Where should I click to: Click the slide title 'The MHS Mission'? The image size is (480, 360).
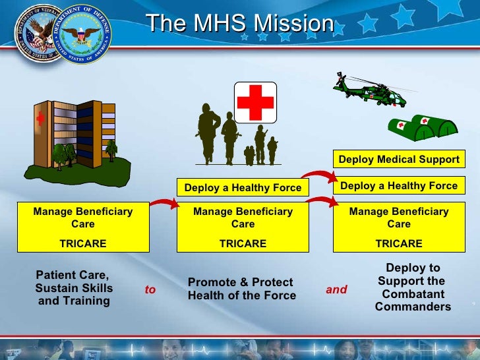[x=240, y=24]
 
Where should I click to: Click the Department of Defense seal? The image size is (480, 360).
[x=83, y=36]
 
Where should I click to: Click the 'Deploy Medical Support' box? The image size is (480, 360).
[x=398, y=160]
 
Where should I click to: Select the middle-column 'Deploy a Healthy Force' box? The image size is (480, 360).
[x=243, y=187]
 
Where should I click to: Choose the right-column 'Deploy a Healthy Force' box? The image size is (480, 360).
[x=398, y=186]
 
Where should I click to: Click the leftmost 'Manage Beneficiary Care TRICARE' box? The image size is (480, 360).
[x=82, y=227]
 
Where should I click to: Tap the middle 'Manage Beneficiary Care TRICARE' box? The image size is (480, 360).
[x=242, y=227]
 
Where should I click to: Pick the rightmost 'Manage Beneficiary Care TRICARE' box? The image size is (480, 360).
[x=398, y=227]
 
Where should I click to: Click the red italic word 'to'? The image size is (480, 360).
[x=150, y=289]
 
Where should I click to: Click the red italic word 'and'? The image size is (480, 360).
[x=336, y=289]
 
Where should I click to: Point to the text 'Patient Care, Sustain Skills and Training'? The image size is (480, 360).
[x=73, y=288]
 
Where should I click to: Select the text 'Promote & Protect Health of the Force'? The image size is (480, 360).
[x=241, y=289]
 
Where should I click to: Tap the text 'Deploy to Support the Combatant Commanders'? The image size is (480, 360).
[x=413, y=287]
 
